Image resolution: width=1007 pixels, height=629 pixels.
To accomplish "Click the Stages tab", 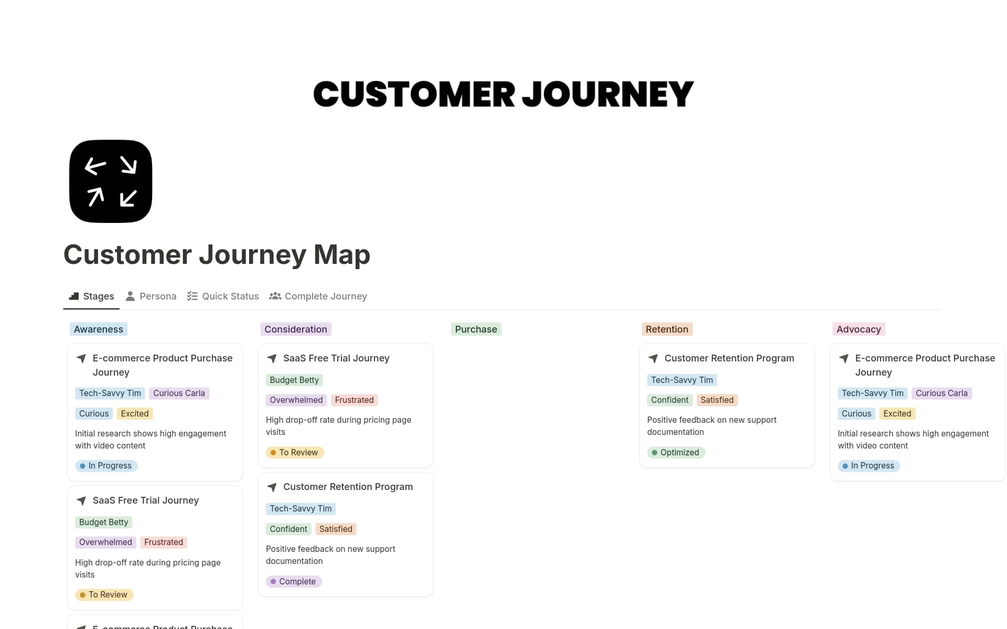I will pos(92,296).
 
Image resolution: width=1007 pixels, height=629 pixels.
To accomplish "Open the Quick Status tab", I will pos(223,296).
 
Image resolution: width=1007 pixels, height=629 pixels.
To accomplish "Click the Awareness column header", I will pos(99,329).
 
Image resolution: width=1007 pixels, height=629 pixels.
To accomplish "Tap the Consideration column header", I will pos(296,329).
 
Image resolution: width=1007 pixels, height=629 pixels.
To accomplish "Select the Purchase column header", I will pos(476,329).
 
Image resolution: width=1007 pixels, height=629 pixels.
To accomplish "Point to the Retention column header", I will pos(667,329).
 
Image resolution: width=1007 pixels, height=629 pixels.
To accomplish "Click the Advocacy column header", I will pos(859,329).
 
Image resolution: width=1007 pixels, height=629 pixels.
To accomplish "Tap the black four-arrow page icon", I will pos(111,182).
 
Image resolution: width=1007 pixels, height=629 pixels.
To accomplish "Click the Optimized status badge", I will pos(676,452).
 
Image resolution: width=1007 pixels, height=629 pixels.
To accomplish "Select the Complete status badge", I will pos(294,581).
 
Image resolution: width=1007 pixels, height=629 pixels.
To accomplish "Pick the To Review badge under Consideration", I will pos(295,452).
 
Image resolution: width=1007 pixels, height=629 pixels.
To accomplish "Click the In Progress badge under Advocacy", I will pos(869,466).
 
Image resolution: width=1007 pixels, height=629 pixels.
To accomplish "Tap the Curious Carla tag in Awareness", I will pos(179,393).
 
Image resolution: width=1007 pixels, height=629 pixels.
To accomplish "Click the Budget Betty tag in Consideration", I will pos(294,380).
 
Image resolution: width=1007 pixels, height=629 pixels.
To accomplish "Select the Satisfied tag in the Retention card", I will pos(717,400).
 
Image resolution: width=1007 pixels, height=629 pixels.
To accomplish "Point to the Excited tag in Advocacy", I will pos(897,414).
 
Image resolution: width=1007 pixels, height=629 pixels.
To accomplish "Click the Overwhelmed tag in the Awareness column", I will pos(105,542).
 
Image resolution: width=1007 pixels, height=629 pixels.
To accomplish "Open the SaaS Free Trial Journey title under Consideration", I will pos(336,358).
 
